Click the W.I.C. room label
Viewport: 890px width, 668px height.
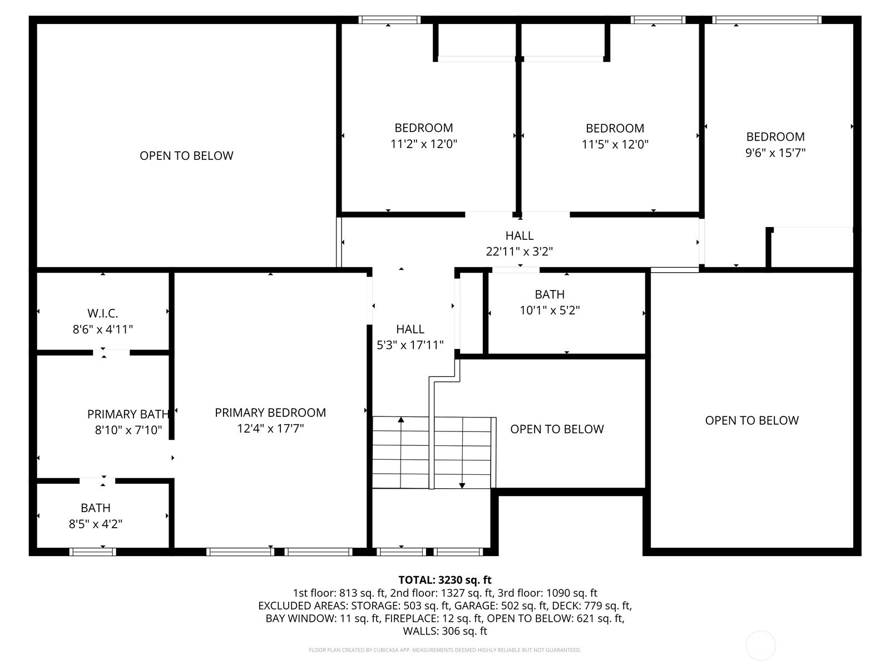(103, 313)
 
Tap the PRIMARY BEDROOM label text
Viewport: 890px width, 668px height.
(270, 412)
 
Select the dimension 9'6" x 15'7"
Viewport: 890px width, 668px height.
(775, 153)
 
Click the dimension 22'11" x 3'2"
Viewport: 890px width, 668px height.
(519, 252)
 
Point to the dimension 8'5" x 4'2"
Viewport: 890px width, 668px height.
(96, 524)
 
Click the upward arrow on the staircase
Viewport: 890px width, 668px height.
(401, 421)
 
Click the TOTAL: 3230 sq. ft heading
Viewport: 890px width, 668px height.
(444, 580)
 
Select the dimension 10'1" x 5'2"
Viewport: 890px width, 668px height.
(550, 311)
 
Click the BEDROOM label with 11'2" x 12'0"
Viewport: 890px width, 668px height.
(424, 128)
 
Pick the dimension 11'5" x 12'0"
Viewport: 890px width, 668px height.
(615, 145)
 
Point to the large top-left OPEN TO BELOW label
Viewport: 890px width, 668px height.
(186, 156)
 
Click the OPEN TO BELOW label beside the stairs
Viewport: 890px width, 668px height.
(557, 429)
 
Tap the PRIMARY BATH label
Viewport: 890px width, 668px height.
(128, 414)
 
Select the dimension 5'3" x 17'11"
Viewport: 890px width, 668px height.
(410, 345)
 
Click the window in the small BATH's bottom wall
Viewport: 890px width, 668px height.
(93, 552)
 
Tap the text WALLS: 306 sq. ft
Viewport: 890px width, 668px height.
(444, 631)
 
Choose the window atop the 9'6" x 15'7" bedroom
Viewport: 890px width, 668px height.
(767, 20)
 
